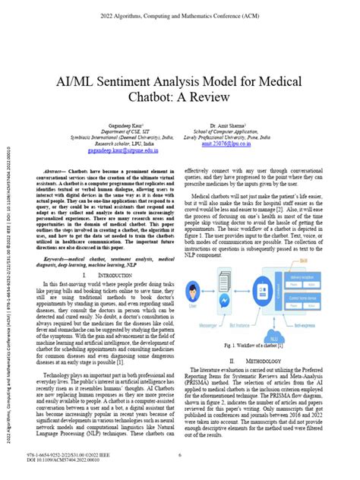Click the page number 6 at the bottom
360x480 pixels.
pos(179,456)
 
